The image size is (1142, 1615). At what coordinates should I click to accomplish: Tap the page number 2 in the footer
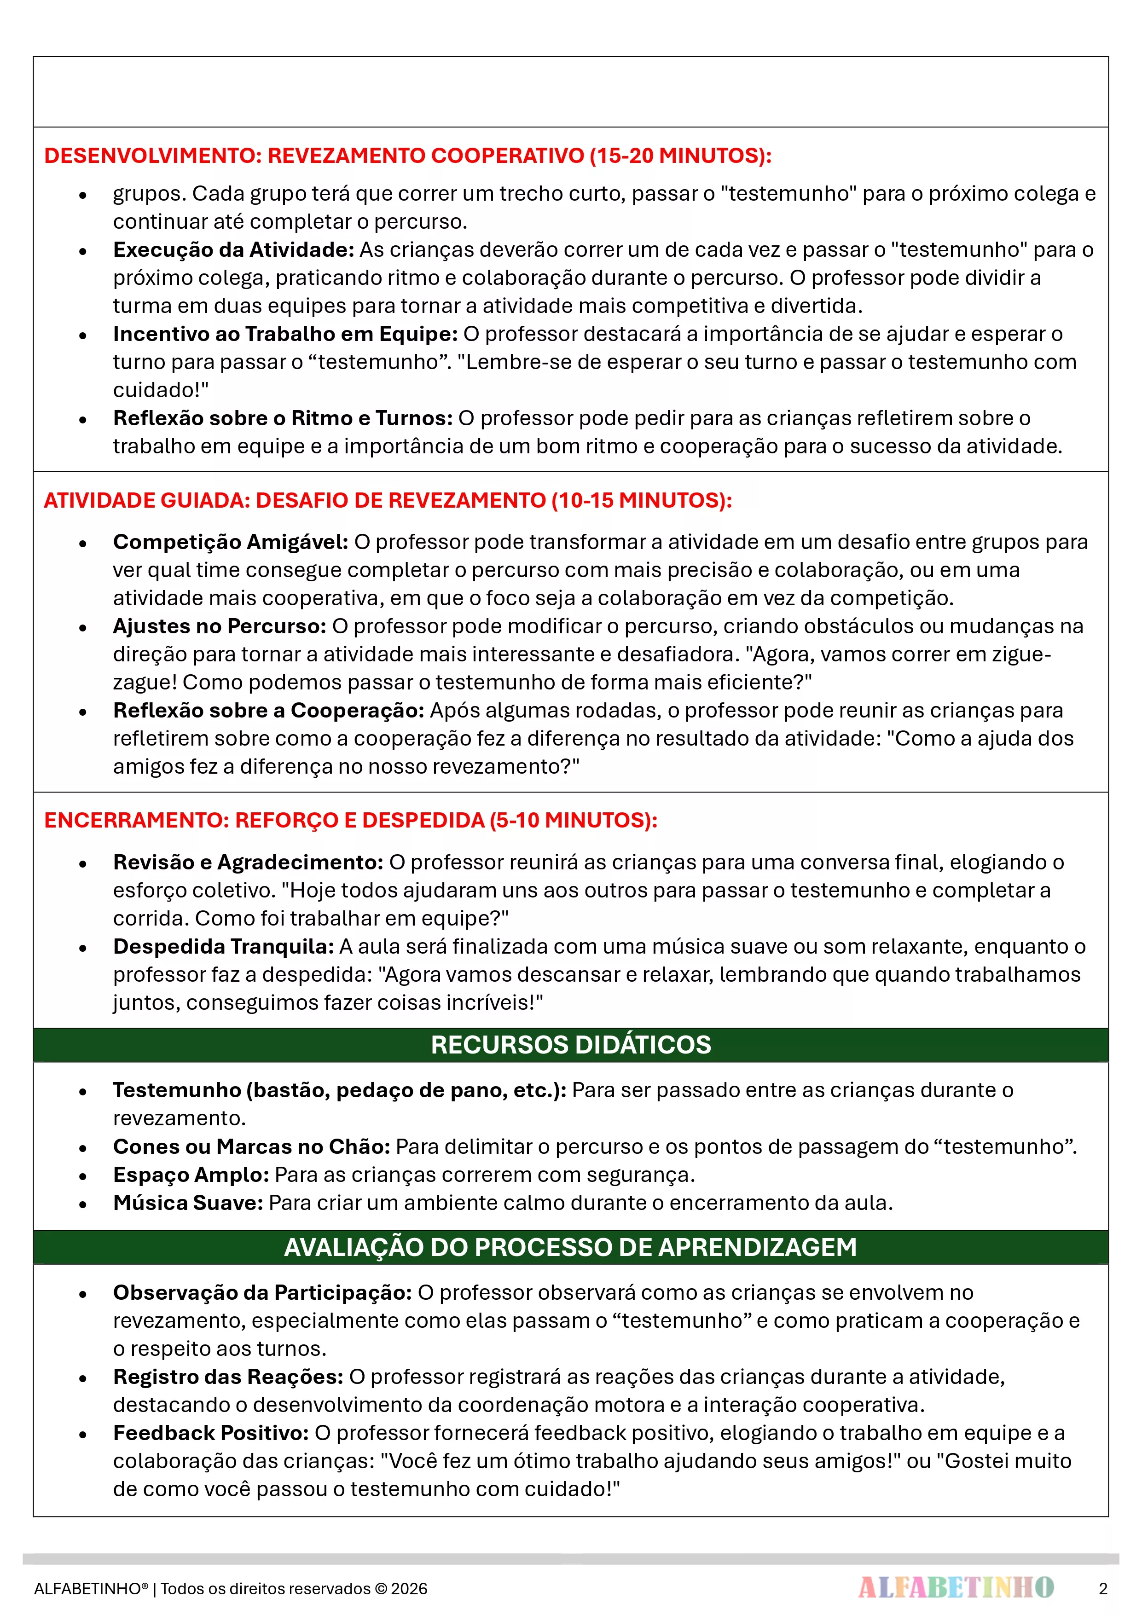coord(1102,1588)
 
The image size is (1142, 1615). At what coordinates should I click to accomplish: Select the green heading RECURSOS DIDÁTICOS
coord(571,1045)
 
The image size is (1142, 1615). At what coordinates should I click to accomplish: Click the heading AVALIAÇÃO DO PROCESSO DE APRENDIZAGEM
coord(571,1247)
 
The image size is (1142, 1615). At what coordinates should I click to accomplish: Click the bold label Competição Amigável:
coord(231,542)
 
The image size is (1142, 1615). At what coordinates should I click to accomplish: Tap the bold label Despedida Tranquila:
coord(224,946)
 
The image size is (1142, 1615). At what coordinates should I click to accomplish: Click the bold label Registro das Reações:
coord(228,1377)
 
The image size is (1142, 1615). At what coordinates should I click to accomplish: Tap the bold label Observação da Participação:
coord(262,1292)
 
